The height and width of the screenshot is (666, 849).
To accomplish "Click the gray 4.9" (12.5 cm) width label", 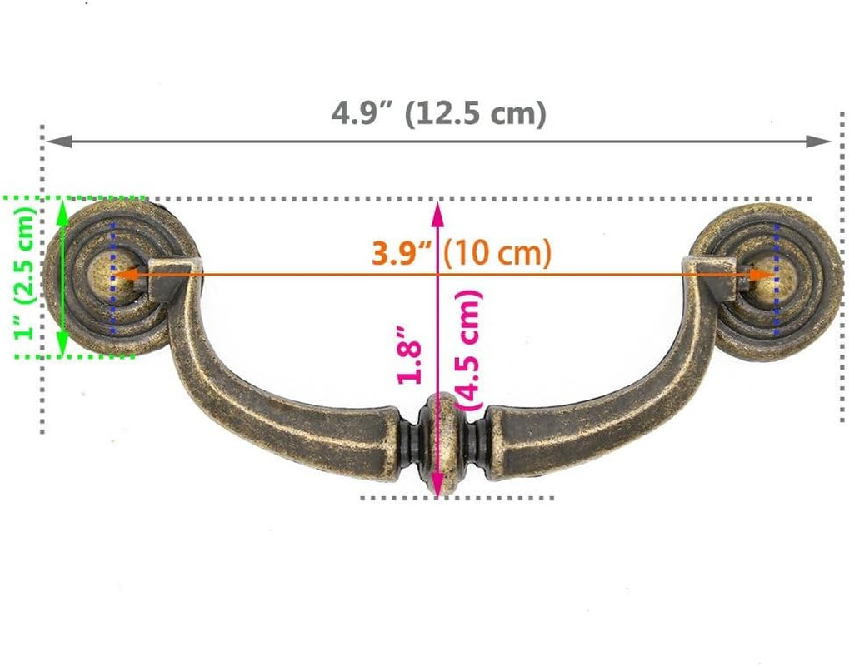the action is point(439,113).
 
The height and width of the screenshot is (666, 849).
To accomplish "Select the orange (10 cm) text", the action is point(497,252).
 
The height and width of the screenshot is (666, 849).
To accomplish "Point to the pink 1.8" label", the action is point(409,355).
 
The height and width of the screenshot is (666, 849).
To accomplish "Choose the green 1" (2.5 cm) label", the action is point(25,273).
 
